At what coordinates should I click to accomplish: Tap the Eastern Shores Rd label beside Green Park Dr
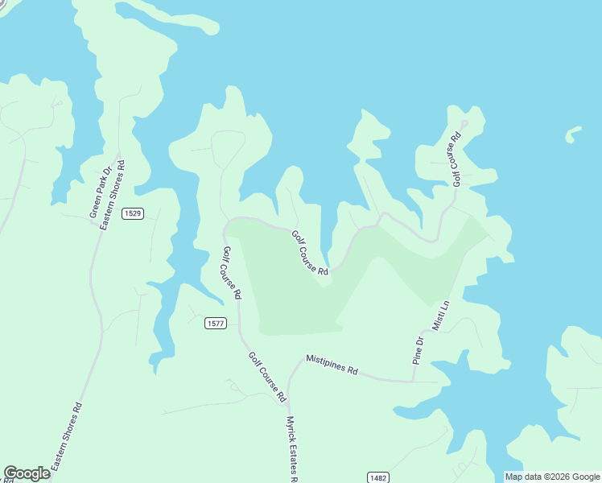pyautogui.click(x=113, y=196)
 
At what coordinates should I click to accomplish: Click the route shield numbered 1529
pyautogui.click(x=133, y=213)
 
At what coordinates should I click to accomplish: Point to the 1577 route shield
pyautogui.click(x=215, y=323)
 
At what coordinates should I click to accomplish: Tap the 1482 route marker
pyautogui.click(x=378, y=477)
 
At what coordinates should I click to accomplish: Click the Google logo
pyautogui.click(x=27, y=473)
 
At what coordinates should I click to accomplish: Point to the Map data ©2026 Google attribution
pyautogui.click(x=551, y=477)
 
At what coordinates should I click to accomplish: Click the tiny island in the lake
pyautogui.click(x=573, y=134)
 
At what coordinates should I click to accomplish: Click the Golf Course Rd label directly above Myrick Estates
pyautogui.click(x=267, y=377)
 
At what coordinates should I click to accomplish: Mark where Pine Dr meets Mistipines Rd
pyautogui.click(x=413, y=381)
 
